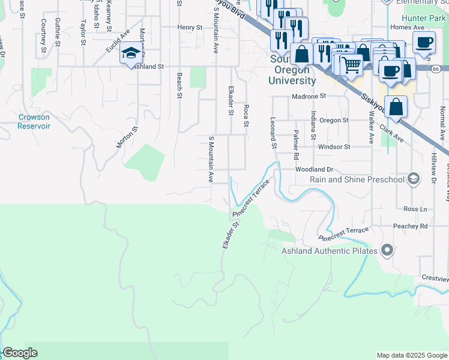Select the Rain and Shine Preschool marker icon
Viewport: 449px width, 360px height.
413,179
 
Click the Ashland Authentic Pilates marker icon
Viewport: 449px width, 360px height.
388,250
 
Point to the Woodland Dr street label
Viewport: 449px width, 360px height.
313,170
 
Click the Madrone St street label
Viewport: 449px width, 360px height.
308,96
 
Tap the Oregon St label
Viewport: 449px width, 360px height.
334,120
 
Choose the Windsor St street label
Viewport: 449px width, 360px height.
334,146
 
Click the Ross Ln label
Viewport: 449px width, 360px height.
415,209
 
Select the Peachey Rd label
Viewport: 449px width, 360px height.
415,226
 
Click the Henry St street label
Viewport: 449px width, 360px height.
190,27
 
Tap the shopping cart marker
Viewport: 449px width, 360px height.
352,64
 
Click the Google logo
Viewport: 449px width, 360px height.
20,353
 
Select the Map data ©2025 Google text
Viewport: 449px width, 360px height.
411,355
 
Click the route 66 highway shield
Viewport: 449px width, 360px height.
435,68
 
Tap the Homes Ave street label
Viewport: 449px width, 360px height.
403,27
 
